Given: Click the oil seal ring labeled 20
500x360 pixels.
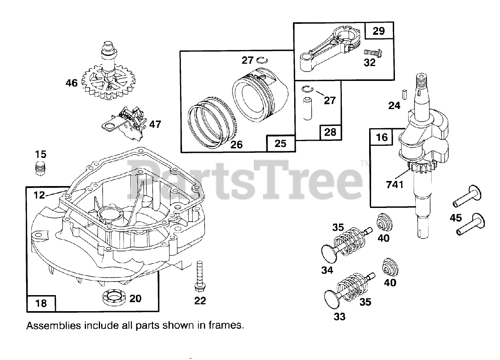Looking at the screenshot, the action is [114, 299].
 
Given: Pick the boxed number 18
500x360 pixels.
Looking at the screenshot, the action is [41, 303].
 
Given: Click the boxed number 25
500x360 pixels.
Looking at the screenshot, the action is [280, 143].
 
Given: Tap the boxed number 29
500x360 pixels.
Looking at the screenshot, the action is [379, 31].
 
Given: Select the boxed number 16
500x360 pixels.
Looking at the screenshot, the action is [382, 137].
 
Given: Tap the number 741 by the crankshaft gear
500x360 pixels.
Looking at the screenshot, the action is [395, 185].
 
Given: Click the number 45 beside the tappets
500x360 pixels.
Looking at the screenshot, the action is [456, 218].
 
